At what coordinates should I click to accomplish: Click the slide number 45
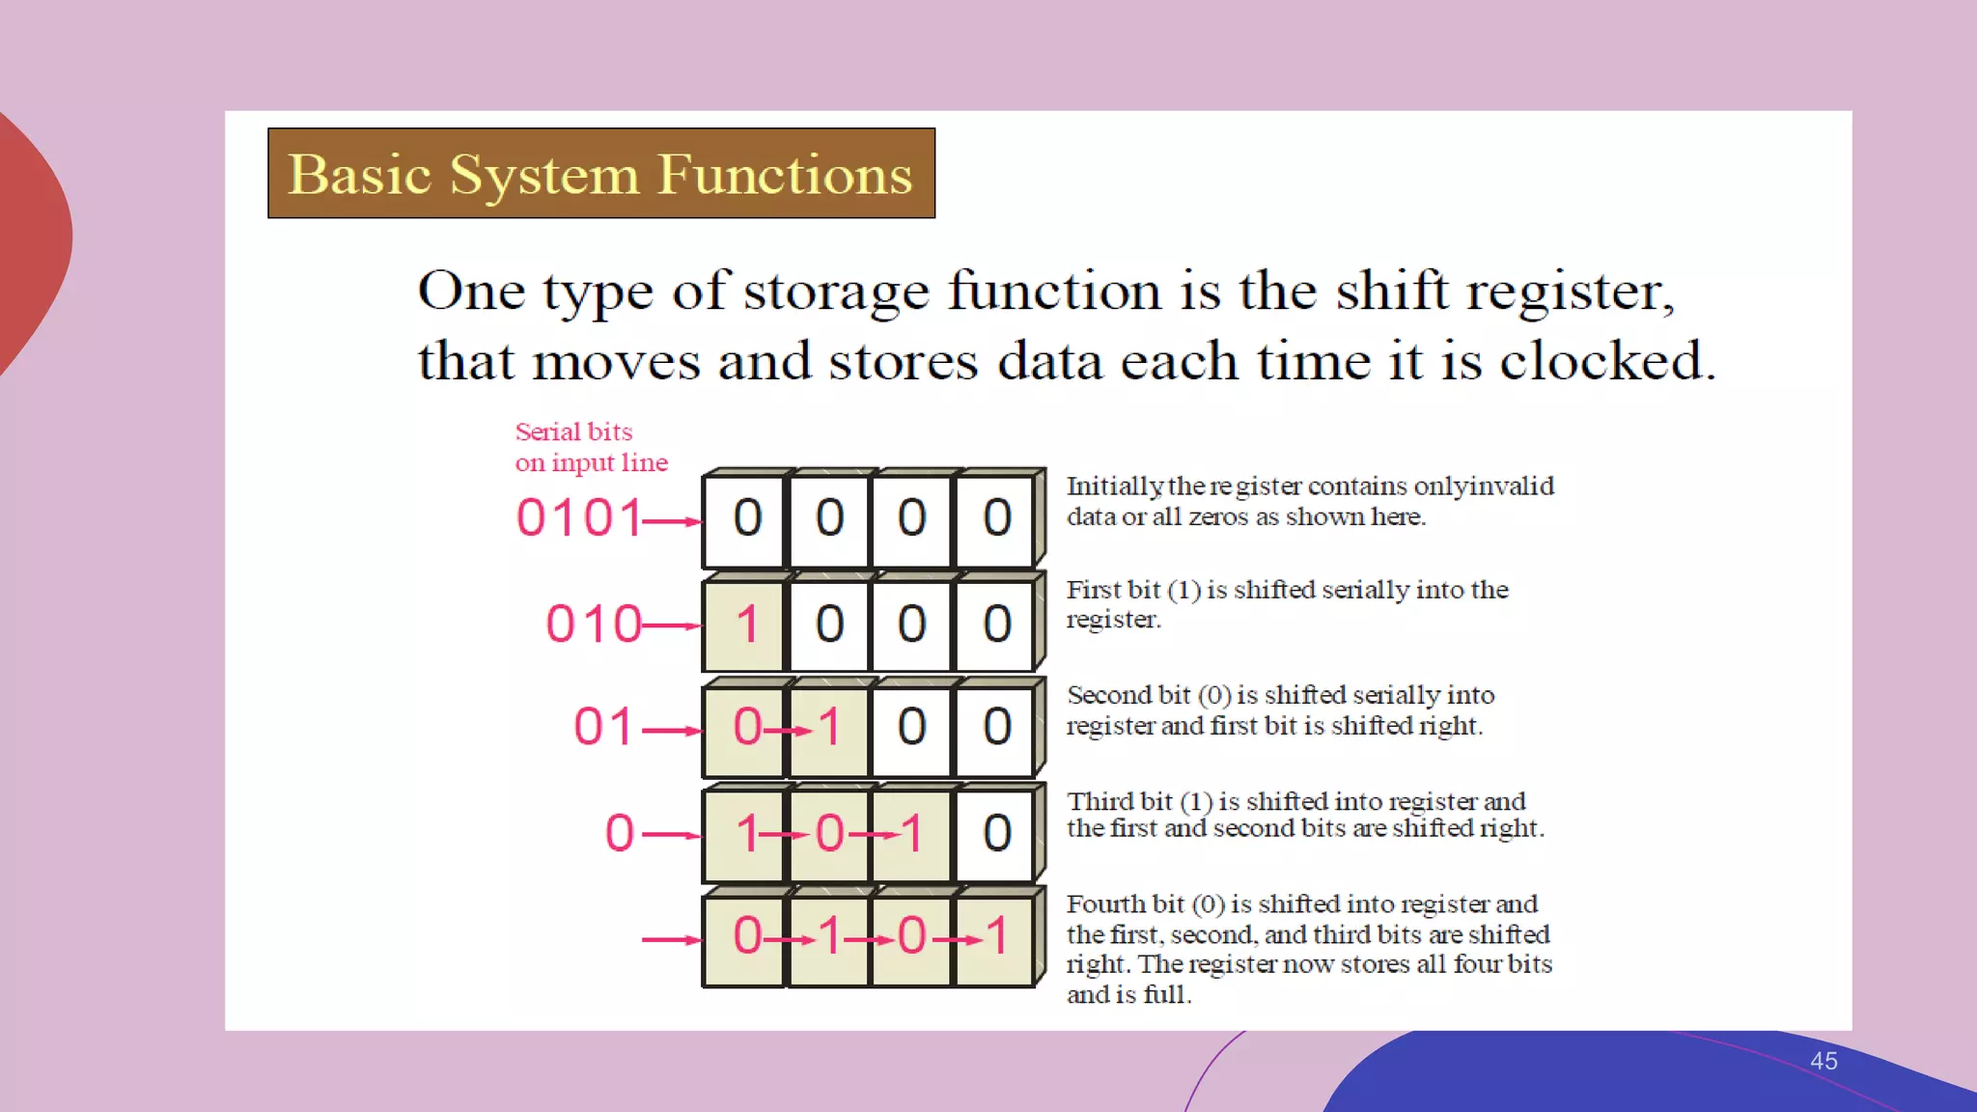(1823, 1061)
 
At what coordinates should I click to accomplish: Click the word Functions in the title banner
(785, 175)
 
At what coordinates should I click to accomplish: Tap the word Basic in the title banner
(359, 175)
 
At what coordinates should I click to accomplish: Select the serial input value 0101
(579, 517)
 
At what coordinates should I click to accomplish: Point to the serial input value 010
(594, 624)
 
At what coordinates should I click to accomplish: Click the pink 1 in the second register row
(746, 625)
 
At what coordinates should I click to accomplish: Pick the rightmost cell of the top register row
(996, 518)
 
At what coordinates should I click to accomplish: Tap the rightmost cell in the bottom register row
(996, 936)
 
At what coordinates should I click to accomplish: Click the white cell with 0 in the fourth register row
(996, 833)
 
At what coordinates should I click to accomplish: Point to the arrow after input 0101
(672, 522)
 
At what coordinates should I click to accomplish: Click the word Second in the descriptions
(1109, 695)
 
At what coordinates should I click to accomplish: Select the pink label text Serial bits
(573, 431)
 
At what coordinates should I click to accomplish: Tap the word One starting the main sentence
(471, 291)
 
